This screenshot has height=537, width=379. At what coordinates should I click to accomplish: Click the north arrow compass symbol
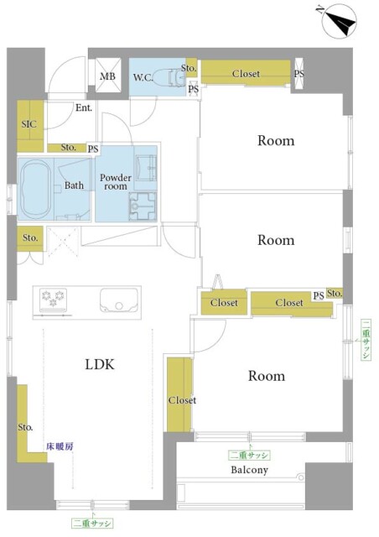[340, 21]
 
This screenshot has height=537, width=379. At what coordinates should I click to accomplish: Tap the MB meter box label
[107, 76]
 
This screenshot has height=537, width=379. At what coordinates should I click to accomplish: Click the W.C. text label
[143, 77]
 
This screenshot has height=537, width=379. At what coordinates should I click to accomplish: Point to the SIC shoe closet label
[29, 123]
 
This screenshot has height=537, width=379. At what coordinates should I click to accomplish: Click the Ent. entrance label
[84, 108]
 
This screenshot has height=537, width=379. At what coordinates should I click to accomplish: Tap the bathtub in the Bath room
[35, 188]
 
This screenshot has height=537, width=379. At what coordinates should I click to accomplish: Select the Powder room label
[116, 182]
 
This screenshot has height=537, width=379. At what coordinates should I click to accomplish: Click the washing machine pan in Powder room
[143, 206]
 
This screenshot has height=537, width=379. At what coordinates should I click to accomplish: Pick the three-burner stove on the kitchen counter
[53, 299]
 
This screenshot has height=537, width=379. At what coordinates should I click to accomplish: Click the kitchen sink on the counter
[119, 300]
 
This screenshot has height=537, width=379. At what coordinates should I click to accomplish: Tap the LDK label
[100, 364]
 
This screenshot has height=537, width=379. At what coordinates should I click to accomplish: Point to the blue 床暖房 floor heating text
[60, 446]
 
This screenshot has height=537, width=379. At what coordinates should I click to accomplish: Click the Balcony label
[249, 470]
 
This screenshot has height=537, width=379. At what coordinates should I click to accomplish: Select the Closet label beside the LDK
[182, 400]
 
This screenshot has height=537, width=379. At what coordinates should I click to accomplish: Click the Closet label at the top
[246, 73]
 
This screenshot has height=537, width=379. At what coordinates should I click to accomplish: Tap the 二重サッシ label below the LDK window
[92, 524]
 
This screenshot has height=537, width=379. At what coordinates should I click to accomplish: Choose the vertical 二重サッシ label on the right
[366, 339]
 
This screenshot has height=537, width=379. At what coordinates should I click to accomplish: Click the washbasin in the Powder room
[146, 167]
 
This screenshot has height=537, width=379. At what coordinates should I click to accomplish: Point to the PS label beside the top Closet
[299, 74]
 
